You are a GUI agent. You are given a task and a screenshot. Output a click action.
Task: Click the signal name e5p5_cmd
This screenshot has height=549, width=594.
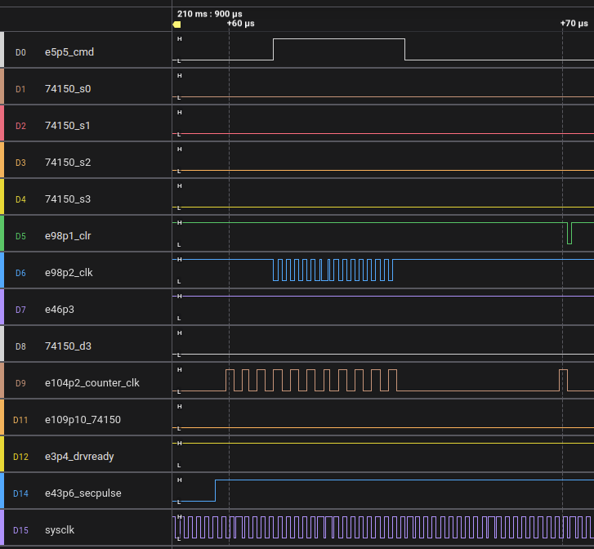coord(69,52)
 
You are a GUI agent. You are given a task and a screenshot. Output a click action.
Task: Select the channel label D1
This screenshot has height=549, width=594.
coord(20,89)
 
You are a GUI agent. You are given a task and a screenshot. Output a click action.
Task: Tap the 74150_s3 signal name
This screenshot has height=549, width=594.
coord(68,199)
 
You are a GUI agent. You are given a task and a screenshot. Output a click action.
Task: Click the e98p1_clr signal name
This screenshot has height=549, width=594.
coord(68,235)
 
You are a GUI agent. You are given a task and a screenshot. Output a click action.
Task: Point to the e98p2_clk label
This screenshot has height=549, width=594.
coord(69,272)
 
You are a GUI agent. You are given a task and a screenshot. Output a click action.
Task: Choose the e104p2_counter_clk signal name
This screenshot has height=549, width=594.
coord(92,382)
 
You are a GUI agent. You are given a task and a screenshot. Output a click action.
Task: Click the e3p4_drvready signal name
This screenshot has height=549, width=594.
coord(79,456)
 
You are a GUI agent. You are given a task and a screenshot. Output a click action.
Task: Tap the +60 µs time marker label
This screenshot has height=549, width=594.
coord(240,24)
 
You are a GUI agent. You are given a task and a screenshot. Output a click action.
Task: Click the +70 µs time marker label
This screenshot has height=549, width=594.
coord(574,24)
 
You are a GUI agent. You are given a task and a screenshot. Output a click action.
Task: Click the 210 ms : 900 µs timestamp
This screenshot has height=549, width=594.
coord(209,14)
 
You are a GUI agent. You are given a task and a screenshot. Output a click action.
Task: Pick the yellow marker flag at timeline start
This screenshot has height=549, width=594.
coord(176,25)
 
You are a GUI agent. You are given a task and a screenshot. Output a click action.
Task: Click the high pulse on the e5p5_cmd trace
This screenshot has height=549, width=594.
coord(339,39)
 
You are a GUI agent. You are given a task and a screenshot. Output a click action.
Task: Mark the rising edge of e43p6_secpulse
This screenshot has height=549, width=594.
coord(215,490)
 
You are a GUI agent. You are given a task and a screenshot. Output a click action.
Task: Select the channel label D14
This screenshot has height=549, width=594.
coord(20,493)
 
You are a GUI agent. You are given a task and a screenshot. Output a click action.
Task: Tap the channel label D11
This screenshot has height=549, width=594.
coord(20,420)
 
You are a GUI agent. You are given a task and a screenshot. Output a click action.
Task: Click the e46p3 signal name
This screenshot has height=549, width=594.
coord(60,309)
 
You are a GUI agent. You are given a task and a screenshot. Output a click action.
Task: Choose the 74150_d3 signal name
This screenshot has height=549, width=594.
coord(68,346)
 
